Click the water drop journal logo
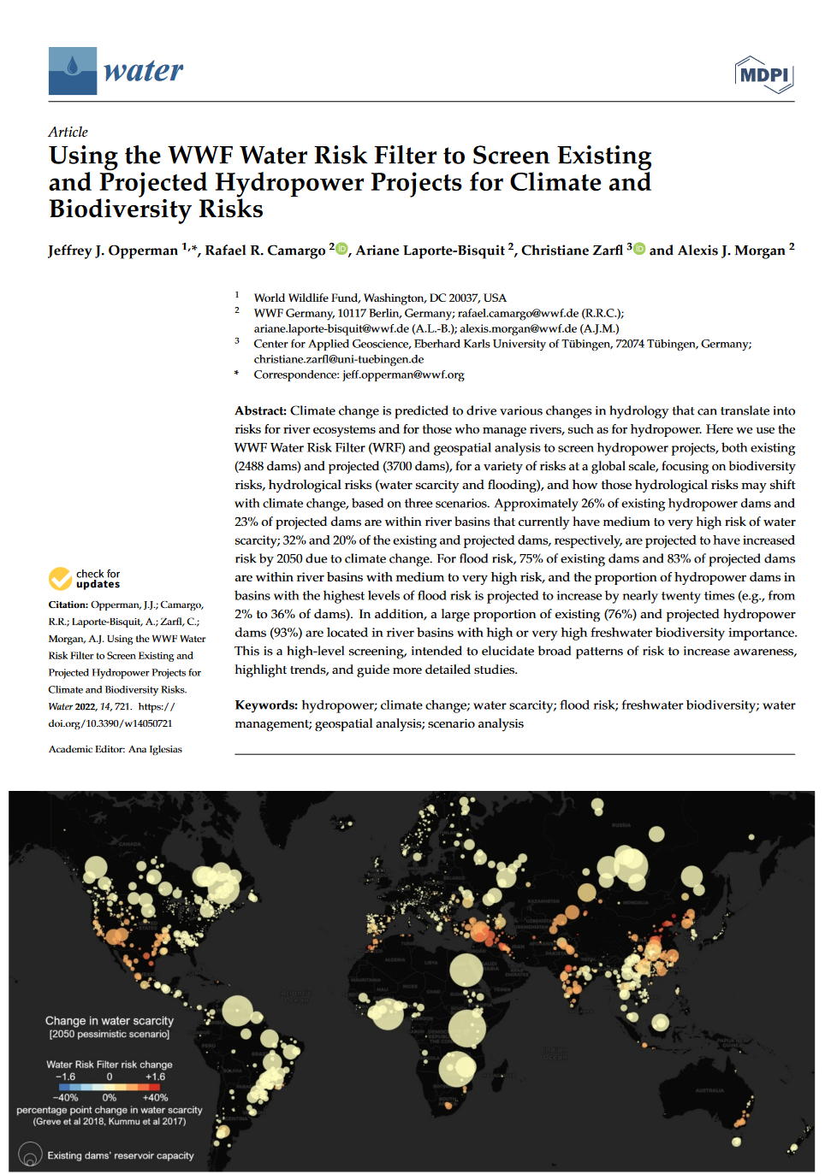pos(72,70)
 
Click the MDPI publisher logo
pos(763,74)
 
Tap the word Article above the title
pos(68,132)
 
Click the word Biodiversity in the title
pos(120,209)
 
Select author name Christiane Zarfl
pos(572,251)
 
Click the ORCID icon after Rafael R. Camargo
pos(341,249)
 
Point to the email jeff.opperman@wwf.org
pos(403,375)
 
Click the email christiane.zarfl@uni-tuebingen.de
pos(338,359)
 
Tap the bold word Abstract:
pos(260,411)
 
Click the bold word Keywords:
pos(266,705)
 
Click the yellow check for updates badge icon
pos(60,579)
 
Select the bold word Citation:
pos(68,605)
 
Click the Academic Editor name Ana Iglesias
pos(155,749)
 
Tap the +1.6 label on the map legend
pos(155,1077)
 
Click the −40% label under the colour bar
pos(65,1097)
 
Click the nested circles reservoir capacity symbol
pos(30,1155)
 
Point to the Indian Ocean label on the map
pos(554,1053)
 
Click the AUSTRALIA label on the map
pos(709,1090)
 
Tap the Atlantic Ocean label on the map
pos(295,995)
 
